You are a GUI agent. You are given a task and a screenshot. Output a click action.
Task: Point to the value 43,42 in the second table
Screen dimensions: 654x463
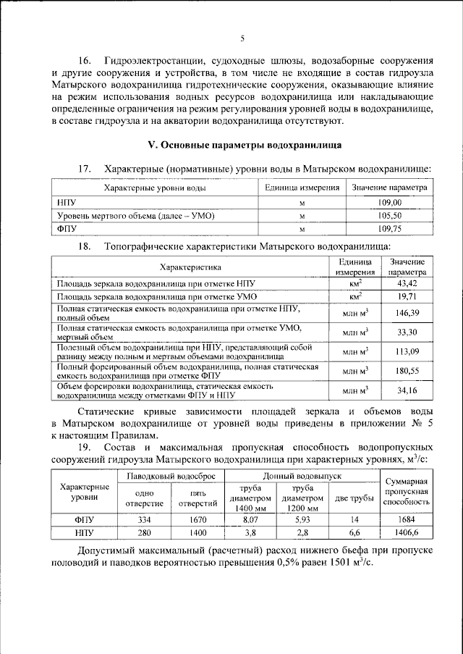(407, 283)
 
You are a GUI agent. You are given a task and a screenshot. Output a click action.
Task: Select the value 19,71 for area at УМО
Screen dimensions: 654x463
(407, 296)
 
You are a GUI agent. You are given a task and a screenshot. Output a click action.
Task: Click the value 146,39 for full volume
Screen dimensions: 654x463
(407, 314)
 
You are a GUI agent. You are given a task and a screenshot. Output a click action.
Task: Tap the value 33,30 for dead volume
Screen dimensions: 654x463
(407, 332)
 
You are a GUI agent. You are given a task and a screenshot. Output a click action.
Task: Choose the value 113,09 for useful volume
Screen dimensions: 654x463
(407, 352)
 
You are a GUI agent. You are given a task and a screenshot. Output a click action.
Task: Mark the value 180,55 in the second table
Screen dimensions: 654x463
(407, 372)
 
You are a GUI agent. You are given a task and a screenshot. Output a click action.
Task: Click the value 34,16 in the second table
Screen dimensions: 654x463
(407, 391)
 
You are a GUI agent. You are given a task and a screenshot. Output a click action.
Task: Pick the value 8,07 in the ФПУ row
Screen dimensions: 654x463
(248, 519)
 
